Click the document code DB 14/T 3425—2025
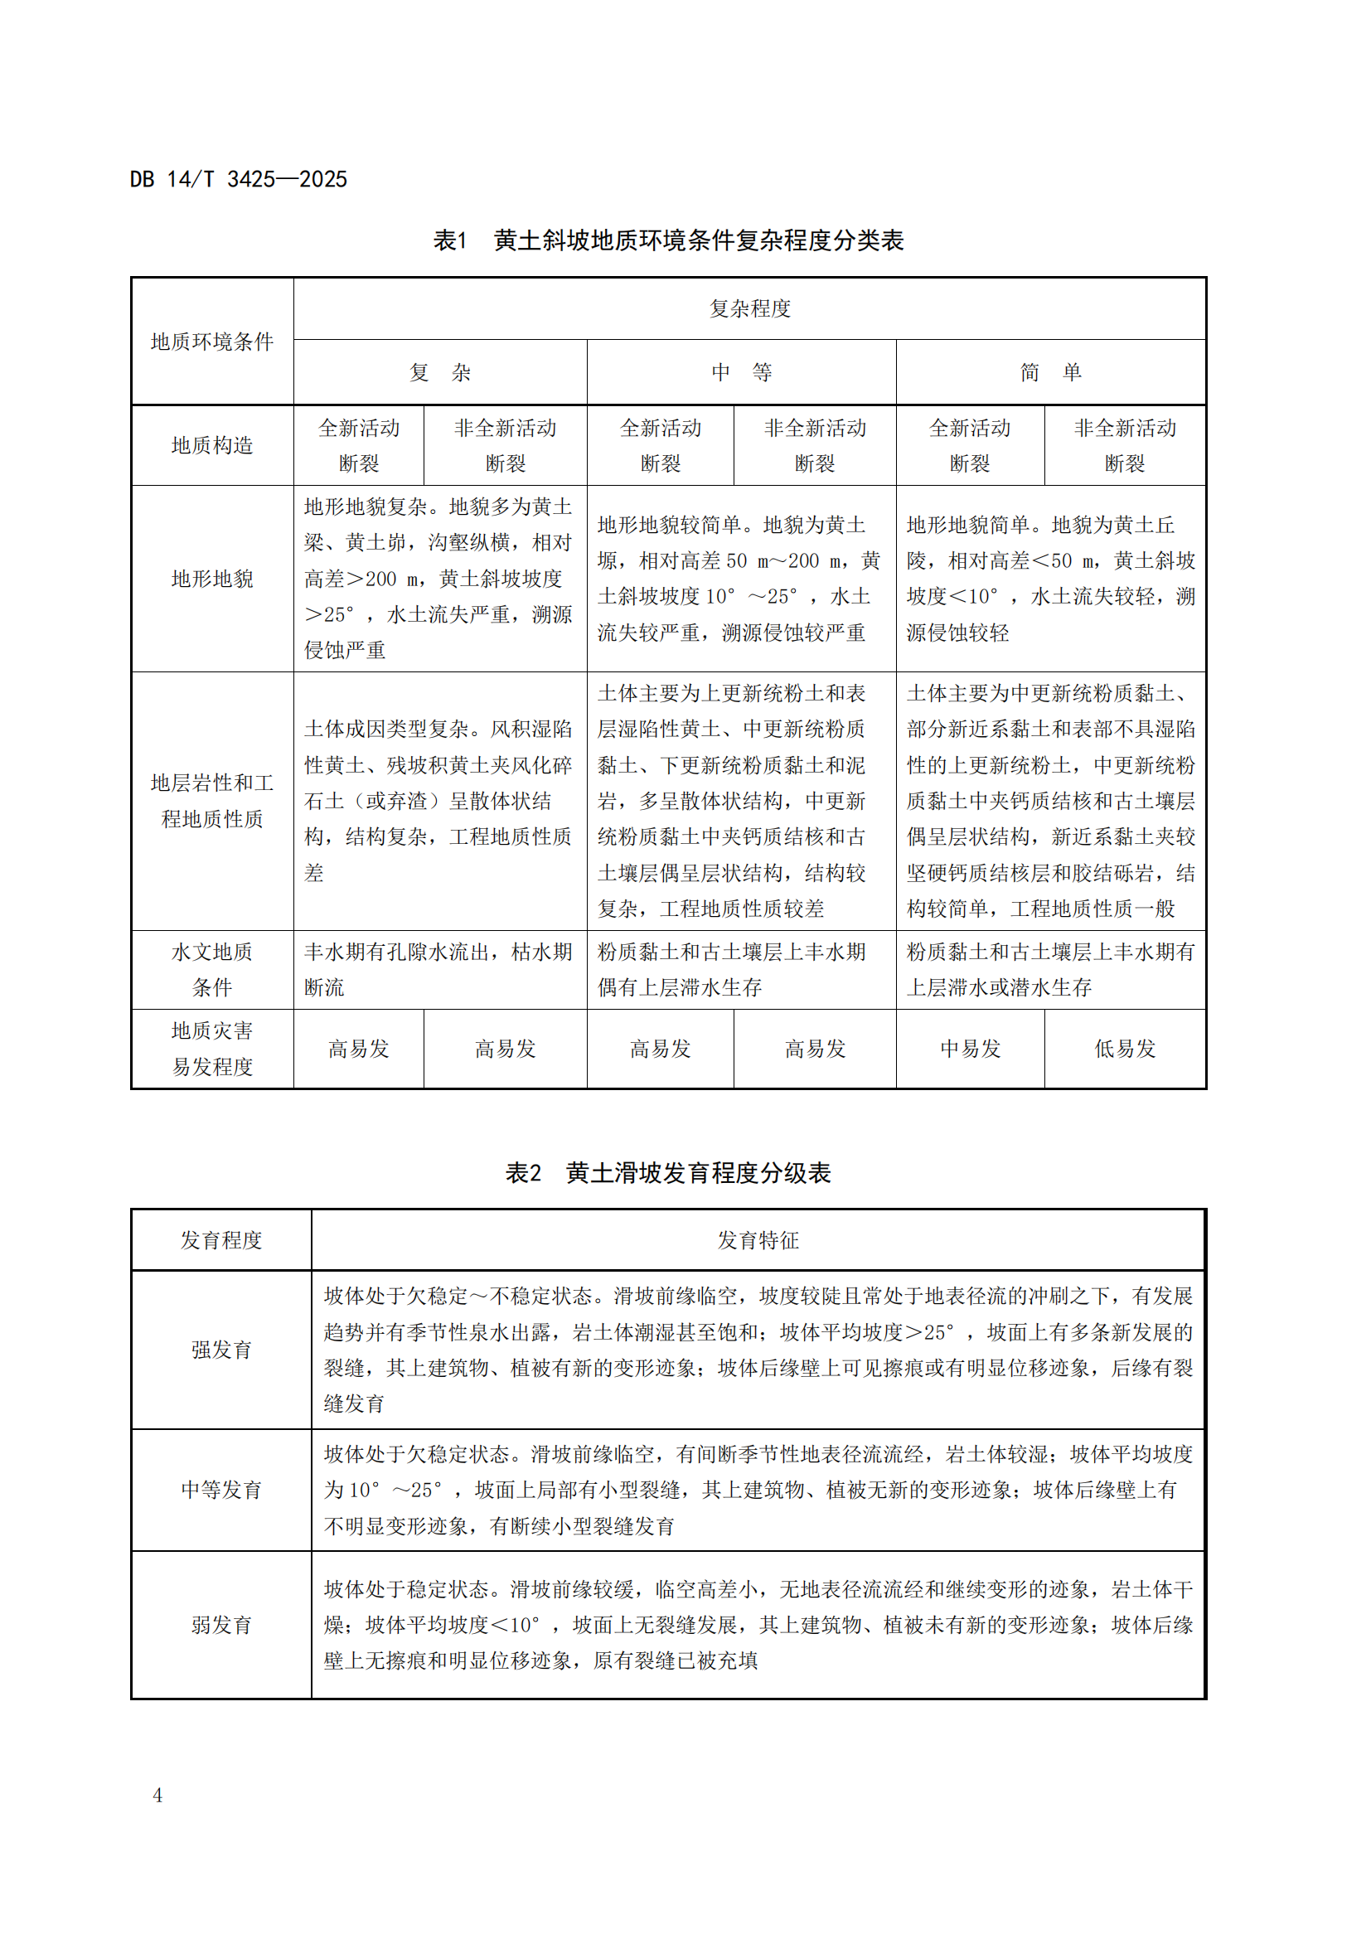click(x=238, y=179)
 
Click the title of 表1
click(x=668, y=240)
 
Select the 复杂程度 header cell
click(x=749, y=308)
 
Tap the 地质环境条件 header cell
click(x=212, y=342)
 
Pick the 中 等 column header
click(x=741, y=372)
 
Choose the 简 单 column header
click(x=1050, y=372)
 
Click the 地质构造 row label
click(x=212, y=445)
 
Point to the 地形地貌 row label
click(x=212, y=579)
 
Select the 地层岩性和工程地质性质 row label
click(x=212, y=801)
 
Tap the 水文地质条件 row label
click(x=212, y=970)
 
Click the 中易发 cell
click(x=970, y=1049)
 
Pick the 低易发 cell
click(x=1125, y=1049)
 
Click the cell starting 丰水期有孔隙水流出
click(x=439, y=970)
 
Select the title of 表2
click(x=668, y=1173)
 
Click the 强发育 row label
click(x=221, y=1350)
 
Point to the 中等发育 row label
click(x=221, y=1490)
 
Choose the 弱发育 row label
click(x=221, y=1625)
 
